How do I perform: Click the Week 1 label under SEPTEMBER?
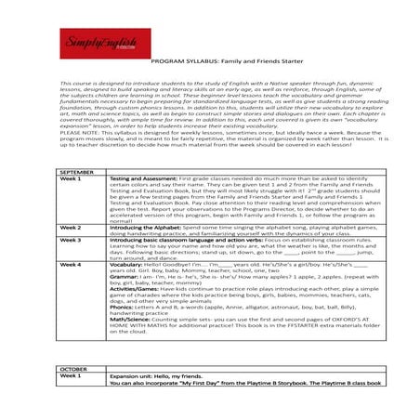[71, 180]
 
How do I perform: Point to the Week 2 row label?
[71, 227]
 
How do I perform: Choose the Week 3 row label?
[71, 239]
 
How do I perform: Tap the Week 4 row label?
[71, 264]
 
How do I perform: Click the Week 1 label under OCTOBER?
[71, 375]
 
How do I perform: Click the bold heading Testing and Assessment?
[143, 180]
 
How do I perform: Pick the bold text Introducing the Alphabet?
[148, 227]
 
